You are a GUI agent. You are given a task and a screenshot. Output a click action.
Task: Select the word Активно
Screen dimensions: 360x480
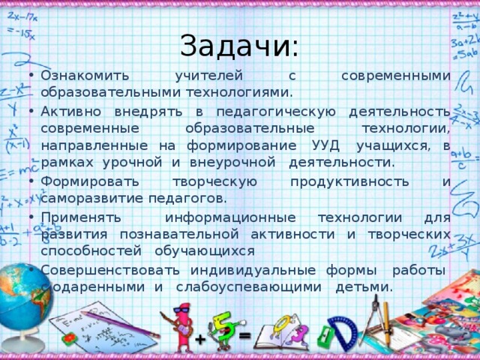(x=71, y=112)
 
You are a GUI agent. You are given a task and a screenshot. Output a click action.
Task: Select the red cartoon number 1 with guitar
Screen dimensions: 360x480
(x=181, y=322)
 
